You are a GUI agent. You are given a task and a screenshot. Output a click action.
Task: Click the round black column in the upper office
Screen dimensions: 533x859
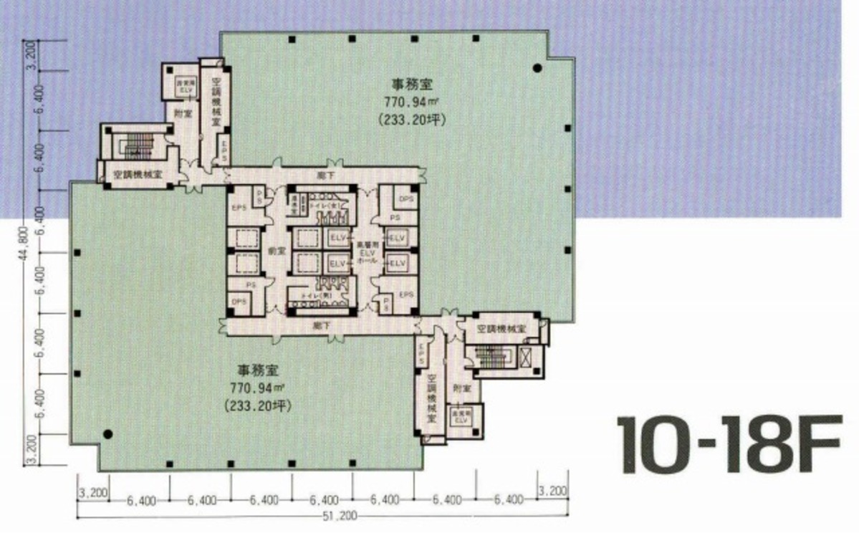pyautogui.click(x=537, y=69)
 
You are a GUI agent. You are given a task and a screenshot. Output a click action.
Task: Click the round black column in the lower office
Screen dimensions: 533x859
pyautogui.click(x=107, y=433)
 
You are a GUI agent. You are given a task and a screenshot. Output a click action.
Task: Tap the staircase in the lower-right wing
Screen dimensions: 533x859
pyautogui.click(x=493, y=356)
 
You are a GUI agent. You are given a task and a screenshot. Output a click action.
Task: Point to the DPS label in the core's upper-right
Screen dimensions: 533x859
pyautogui.click(x=405, y=198)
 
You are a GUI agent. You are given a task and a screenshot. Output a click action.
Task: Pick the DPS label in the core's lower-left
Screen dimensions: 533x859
pyautogui.click(x=239, y=302)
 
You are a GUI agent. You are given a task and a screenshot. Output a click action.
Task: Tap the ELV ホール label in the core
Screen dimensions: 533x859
pyautogui.click(x=365, y=254)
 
